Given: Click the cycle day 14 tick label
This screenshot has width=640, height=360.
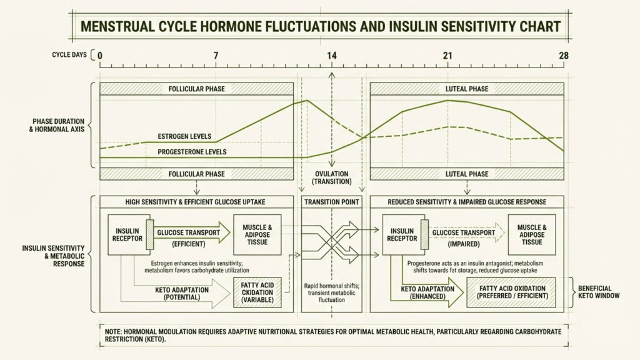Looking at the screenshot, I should (x=331, y=56).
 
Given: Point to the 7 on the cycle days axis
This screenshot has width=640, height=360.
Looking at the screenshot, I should (x=216, y=56).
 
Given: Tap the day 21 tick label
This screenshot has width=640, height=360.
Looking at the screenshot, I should (x=447, y=56).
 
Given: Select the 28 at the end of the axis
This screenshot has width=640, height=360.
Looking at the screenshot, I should (x=563, y=56).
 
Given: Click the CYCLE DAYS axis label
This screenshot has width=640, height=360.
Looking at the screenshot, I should (x=69, y=55).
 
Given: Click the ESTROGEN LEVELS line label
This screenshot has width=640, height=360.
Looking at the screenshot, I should (x=184, y=136).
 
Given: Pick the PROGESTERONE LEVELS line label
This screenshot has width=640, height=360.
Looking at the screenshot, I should (x=192, y=152).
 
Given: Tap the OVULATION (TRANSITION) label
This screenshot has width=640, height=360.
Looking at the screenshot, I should (x=331, y=177).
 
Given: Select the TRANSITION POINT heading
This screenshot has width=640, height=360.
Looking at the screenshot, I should (x=331, y=202).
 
